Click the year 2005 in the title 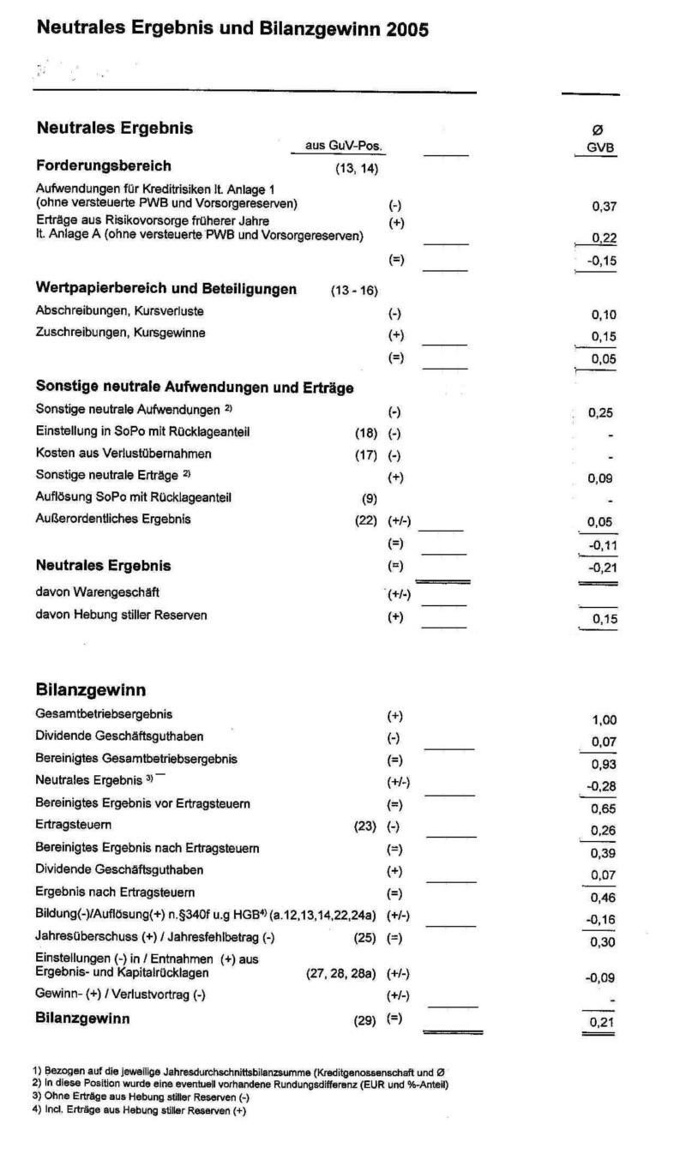click(407, 29)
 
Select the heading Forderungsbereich click(104, 165)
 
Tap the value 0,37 click(605, 207)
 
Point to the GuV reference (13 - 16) click(354, 291)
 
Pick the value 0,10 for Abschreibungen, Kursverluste click(605, 315)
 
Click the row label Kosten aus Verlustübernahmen click(111, 453)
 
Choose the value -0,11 click(602, 544)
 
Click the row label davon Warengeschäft click(97, 591)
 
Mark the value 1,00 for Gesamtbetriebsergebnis click(604, 721)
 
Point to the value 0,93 click(604, 765)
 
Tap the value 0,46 click(604, 898)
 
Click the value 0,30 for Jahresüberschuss click(604, 941)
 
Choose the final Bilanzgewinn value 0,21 click(601, 1023)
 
